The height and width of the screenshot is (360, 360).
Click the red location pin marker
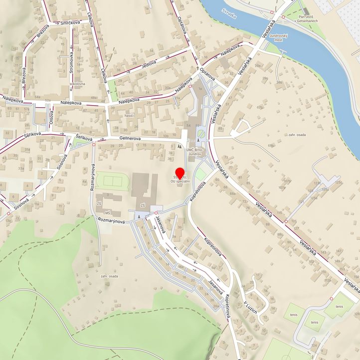[180, 174]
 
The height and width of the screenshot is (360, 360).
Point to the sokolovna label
[78, 84]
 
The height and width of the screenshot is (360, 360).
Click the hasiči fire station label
[130, 115]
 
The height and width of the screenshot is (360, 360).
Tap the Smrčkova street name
[71, 23]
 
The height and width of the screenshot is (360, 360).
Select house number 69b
[271, 145]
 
